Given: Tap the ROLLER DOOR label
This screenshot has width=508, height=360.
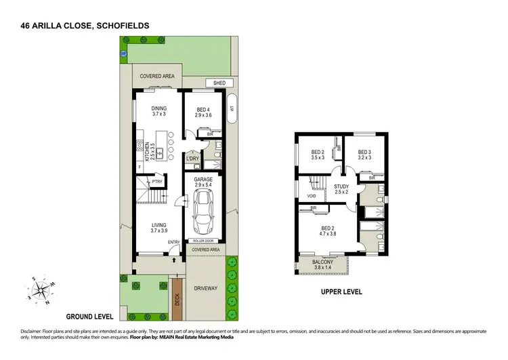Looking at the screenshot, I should (x=204, y=241).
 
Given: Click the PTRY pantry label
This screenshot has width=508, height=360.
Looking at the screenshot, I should (x=156, y=182).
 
